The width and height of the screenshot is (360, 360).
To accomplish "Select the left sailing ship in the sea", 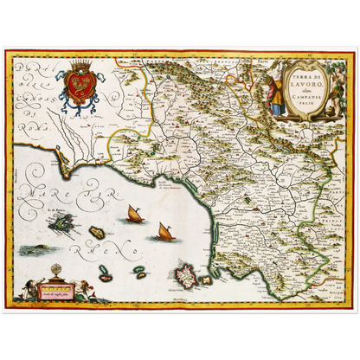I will pyautogui.click(x=134, y=214).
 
